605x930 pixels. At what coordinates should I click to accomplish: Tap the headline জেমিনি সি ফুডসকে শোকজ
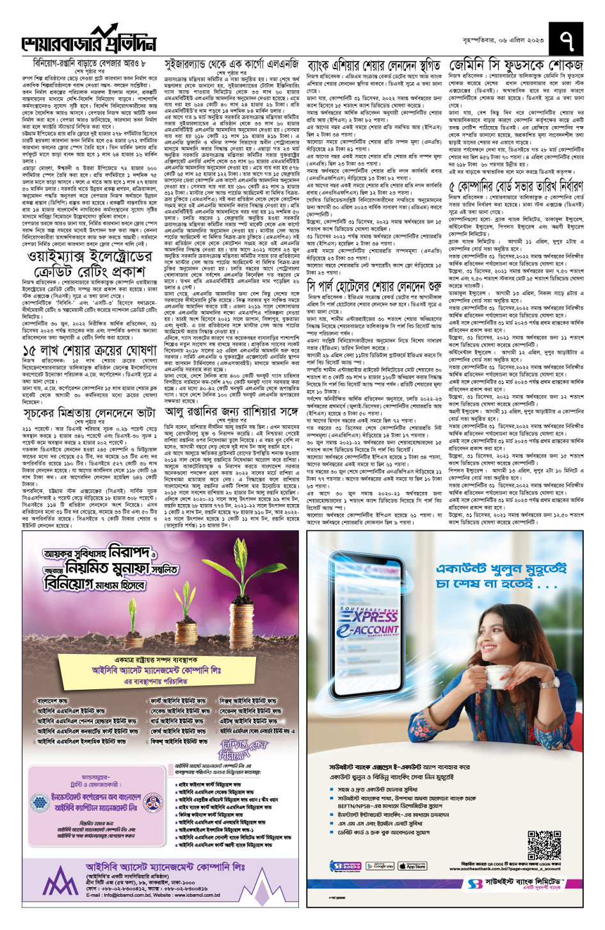click(516, 65)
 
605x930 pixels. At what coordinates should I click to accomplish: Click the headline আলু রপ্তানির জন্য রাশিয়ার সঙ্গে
click(231, 411)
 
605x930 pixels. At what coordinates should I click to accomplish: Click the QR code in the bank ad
click(544, 845)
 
